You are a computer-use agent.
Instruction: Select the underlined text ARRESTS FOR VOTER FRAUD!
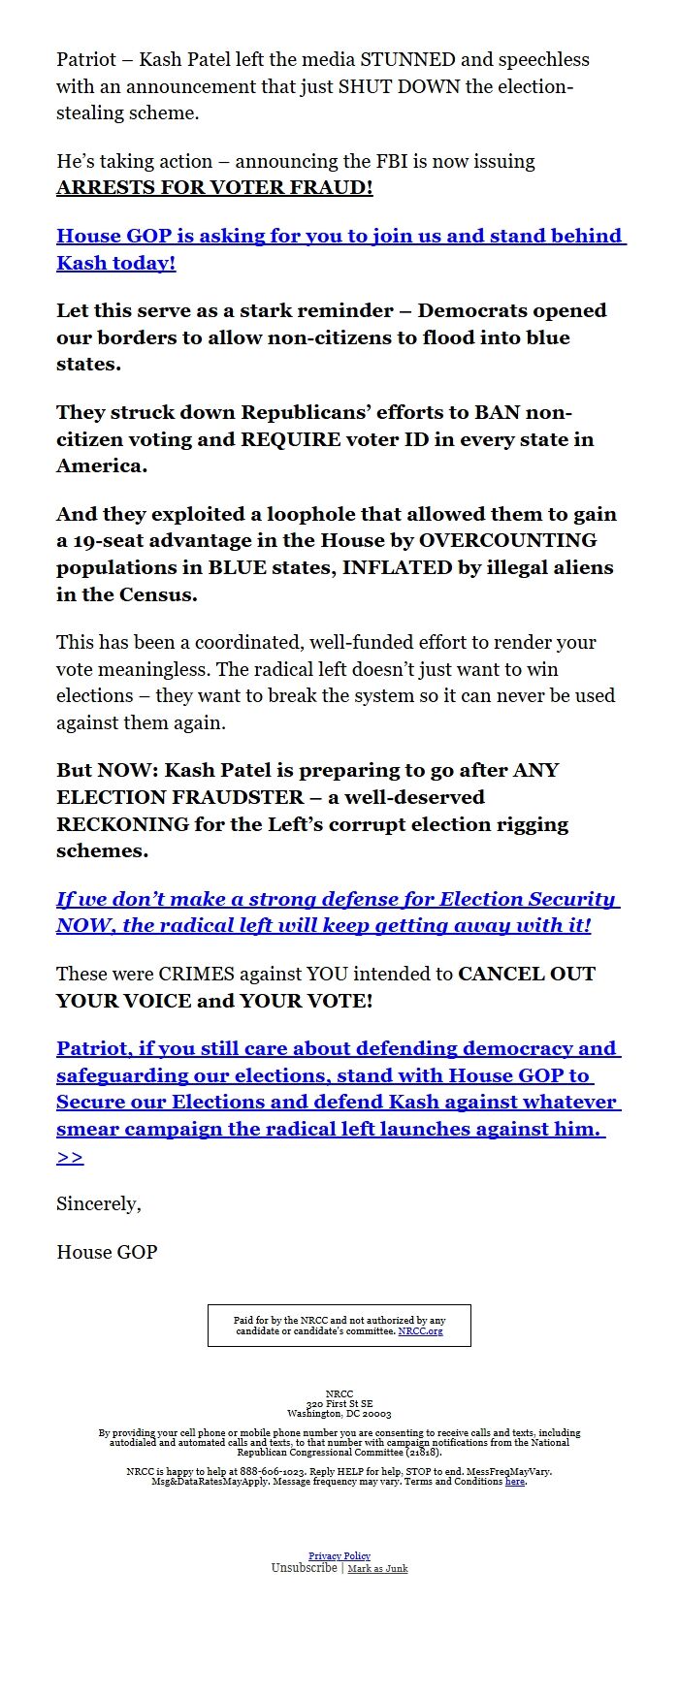[x=214, y=188]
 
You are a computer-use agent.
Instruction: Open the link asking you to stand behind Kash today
[x=340, y=249]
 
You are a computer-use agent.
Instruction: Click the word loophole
[x=298, y=514]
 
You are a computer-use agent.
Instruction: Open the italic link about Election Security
[x=338, y=912]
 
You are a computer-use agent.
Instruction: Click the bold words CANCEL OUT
[x=527, y=974]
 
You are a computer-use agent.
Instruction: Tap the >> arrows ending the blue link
[x=70, y=1157]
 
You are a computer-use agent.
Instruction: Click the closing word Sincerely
[x=98, y=1203]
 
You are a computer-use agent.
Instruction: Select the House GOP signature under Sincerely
[x=107, y=1252]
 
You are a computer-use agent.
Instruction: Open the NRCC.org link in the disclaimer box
[x=420, y=1331]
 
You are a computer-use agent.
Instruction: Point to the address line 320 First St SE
[x=339, y=1404]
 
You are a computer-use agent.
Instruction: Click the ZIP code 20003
[x=377, y=1414]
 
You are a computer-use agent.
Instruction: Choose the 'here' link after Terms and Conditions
[x=514, y=1482]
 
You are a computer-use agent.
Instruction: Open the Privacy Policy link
[x=339, y=1556]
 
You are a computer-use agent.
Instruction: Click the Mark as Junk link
[x=377, y=1569]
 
